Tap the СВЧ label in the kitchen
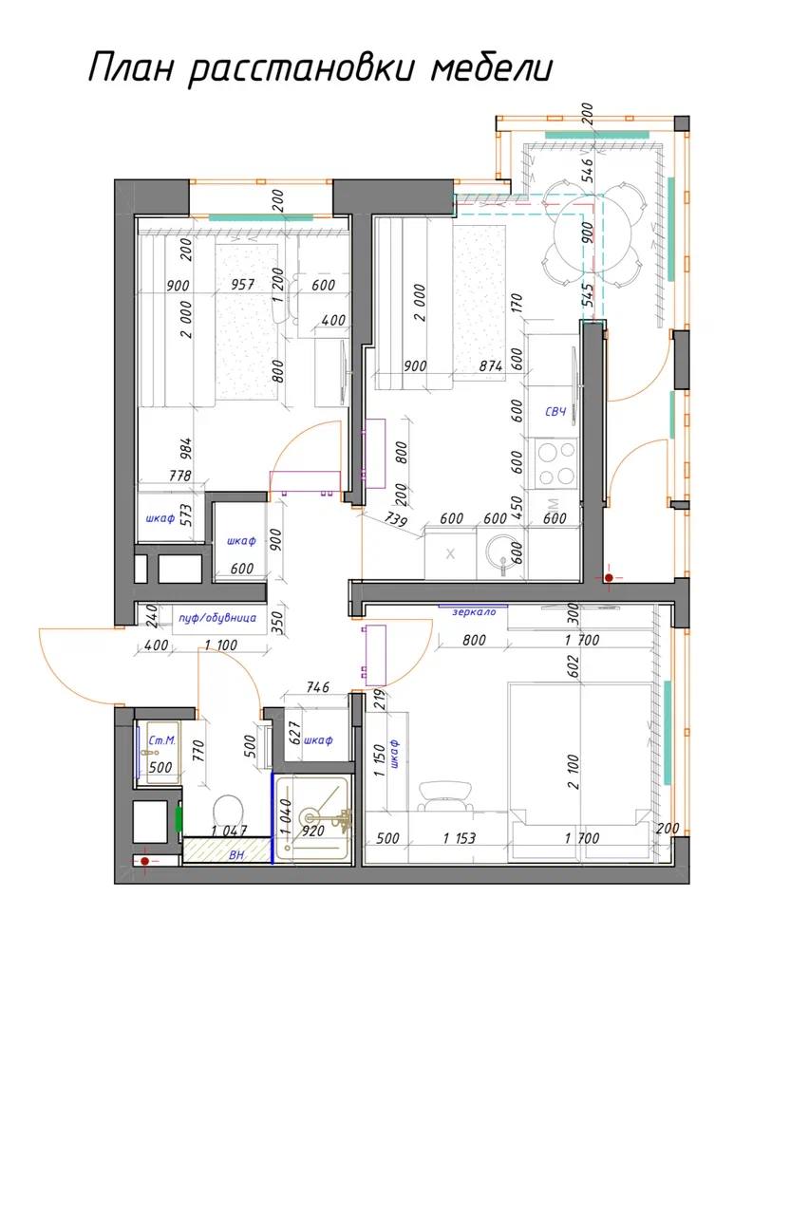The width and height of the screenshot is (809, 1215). coord(555,411)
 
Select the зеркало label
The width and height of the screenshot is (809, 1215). coord(474,612)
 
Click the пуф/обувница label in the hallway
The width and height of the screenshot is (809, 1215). coord(216,618)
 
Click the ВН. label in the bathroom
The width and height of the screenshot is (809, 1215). coord(237,855)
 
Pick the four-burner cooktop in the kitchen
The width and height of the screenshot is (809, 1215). coord(555,463)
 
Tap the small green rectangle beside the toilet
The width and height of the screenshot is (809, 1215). coord(179,818)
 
